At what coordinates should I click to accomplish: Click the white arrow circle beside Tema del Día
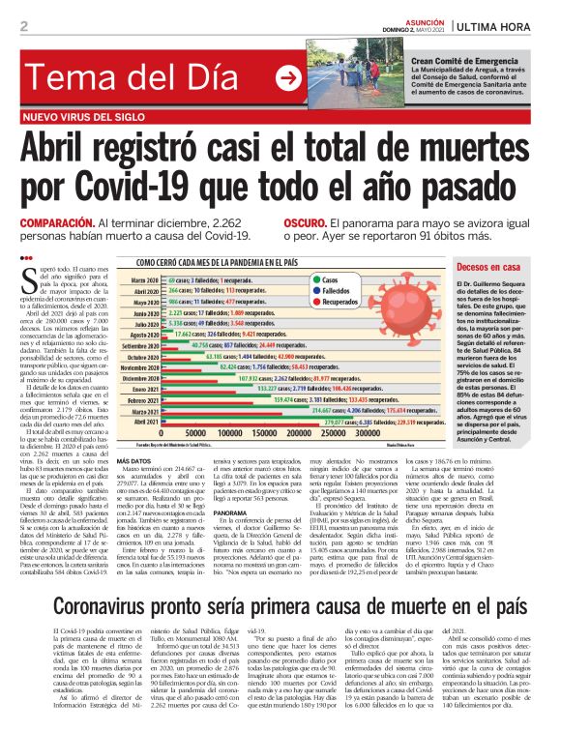(288, 79)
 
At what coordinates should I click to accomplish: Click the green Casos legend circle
(315, 278)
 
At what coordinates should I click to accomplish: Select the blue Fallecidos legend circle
(315, 289)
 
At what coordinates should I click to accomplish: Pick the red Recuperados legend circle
(315, 301)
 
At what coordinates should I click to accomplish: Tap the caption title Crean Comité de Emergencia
(464, 60)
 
